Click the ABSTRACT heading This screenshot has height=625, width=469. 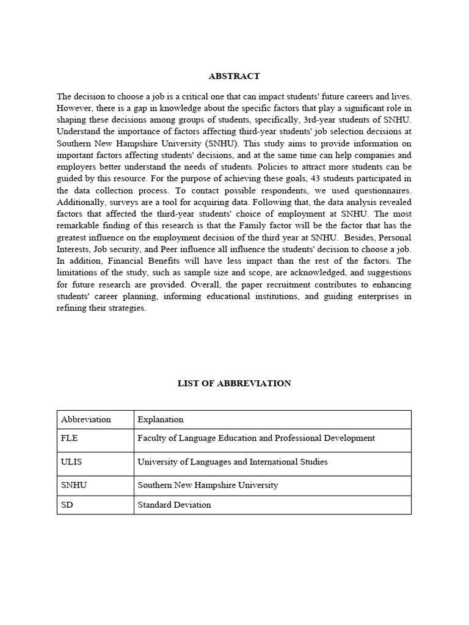click(234, 76)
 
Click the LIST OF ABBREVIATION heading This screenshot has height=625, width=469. click(234, 383)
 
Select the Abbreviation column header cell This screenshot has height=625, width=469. click(86, 419)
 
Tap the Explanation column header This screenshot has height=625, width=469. click(161, 419)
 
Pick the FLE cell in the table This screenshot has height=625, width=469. click(70, 438)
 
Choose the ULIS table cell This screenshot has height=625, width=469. click(71, 462)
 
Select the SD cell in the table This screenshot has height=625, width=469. click(67, 505)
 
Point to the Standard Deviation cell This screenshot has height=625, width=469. click(175, 505)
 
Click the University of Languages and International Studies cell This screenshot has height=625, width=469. click(233, 462)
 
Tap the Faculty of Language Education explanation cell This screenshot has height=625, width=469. click(256, 438)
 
